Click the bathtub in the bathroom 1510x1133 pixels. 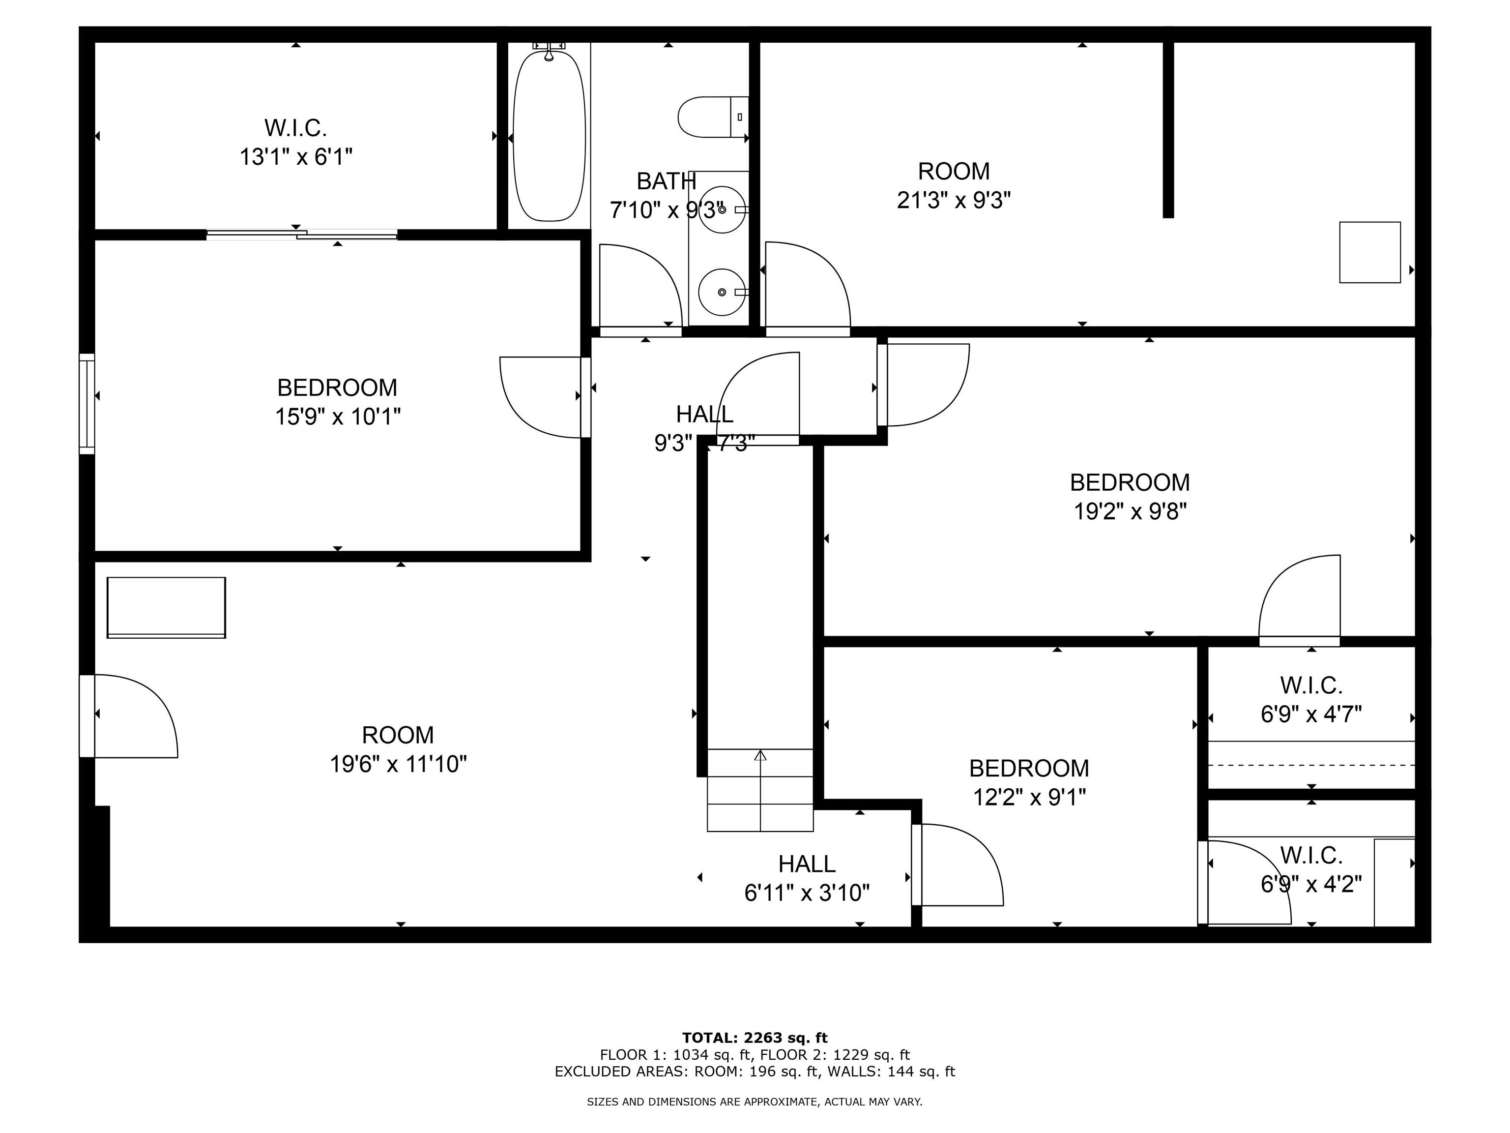[549, 135]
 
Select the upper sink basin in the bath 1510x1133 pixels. [722, 209]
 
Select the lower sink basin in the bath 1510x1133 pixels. [722, 292]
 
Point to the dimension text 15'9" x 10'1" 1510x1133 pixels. [337, 417]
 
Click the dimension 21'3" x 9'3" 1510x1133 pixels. [953, 200]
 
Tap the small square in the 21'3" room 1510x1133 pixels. [1369, 252]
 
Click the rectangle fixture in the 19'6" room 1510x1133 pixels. [166, 607]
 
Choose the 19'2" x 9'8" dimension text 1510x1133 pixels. [1130, 511]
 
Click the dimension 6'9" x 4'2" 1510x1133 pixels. [1310, 884]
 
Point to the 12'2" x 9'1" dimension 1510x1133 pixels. [1029, 797]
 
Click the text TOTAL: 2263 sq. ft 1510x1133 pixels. [755, 1038]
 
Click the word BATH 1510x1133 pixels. [666, 181]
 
